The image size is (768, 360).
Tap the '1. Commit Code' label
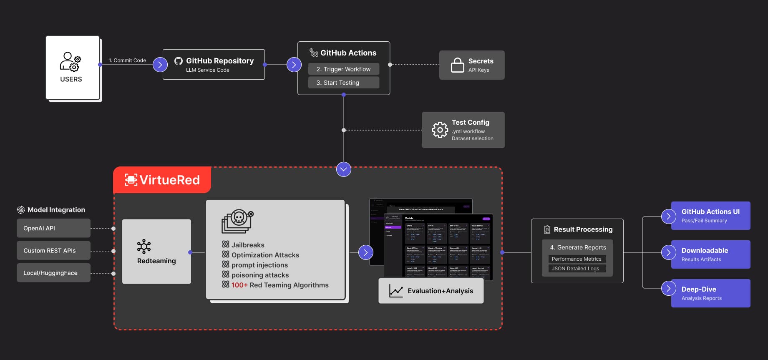(x=127, y=60)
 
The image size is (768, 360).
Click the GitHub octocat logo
(x=179, y=61)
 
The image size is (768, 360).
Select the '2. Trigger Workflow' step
(x=343, y=69)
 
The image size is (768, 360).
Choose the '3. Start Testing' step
(x=343, y=83)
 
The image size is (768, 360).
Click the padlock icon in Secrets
(x=457, y=65)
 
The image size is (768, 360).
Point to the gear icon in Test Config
(x=440, y=130)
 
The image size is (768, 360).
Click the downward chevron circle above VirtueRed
(x=343, y=169)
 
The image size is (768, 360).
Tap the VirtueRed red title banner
(x=162, y=180)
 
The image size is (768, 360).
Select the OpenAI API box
(x=53, y=228)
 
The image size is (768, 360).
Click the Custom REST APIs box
(x=53, y=251)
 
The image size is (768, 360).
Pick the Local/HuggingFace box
(x=53, y=273)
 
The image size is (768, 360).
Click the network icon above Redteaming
(x=144, y=247)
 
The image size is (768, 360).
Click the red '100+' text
(x=239, y=285)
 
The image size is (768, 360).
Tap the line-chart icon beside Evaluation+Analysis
(x=395, y=291)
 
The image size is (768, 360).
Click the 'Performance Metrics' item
(x=577, y=259)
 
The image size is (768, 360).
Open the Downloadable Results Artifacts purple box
(x=710, y=254)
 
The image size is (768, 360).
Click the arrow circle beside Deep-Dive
(x=668, y=288)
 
